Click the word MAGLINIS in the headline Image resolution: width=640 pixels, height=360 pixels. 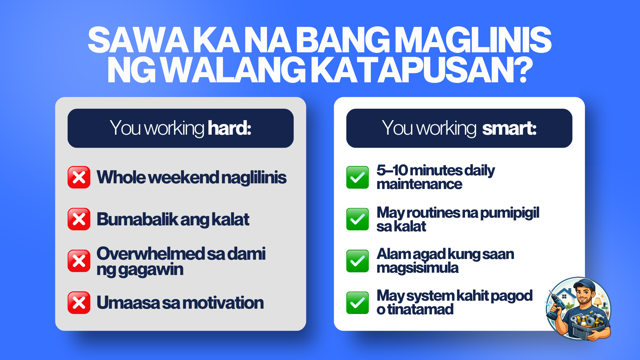475,40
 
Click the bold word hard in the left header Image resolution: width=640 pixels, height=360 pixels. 229,128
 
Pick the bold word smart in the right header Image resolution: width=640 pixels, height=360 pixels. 509,128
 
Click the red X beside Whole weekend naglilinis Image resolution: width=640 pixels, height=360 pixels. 79,177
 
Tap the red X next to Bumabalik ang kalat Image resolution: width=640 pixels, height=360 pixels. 79,219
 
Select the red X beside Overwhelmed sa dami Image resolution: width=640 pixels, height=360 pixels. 79,261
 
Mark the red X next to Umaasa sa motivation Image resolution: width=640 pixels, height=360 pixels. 79,303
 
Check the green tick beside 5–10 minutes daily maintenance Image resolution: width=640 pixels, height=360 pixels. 358,177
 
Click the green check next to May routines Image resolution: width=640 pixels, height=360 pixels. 358,219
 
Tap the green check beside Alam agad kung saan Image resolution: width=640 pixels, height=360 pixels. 358,261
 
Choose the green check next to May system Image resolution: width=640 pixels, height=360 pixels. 358,303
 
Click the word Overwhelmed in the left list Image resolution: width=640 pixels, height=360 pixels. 150,254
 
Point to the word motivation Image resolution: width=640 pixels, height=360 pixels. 223,303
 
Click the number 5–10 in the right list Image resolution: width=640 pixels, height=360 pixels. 392,170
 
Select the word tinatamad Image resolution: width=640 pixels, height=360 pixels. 420,309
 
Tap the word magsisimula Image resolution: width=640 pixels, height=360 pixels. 417,268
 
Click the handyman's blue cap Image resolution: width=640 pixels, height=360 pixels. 584,284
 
